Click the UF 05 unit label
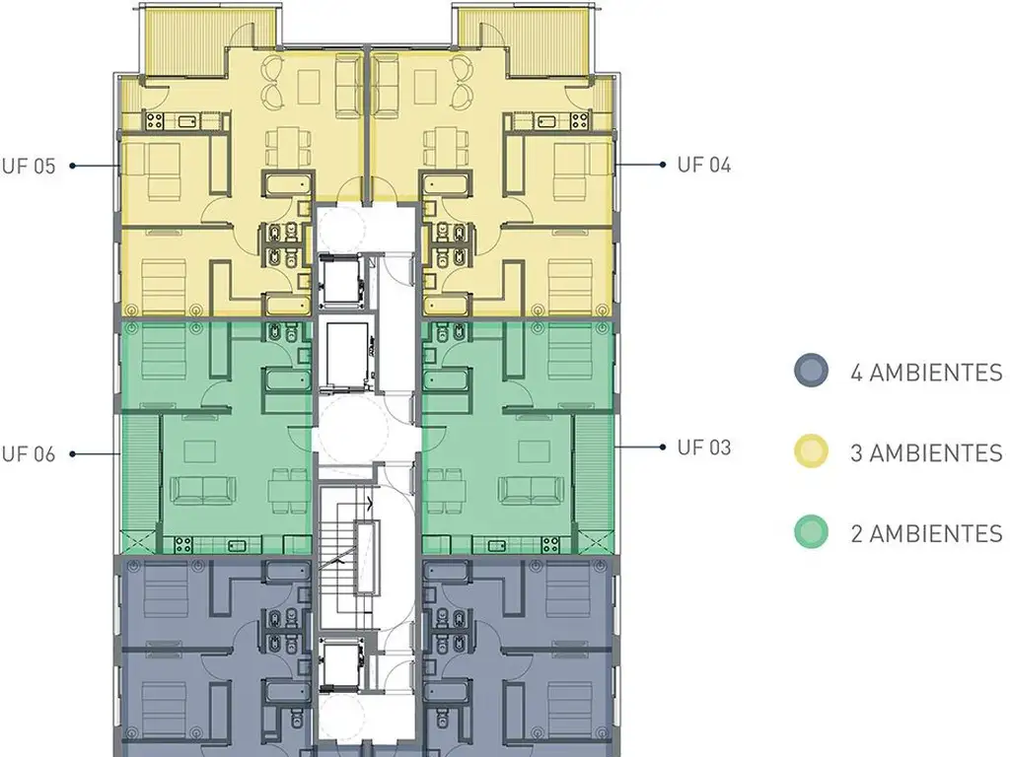click(x=29, y=166)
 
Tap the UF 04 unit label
click(x=704, y=165)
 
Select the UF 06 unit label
click(x=29, y=454)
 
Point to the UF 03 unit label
click(x=704, y=447)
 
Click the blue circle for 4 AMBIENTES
click(x=811, y=371)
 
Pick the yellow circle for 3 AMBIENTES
click(x=811, y=450)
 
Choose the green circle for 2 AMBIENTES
click(x=811, y=532)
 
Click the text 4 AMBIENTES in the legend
click(x=926, y=373)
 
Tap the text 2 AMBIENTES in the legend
click(x=926, y=533)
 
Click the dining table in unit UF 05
click(x=287, y=146)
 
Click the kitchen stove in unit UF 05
click(x=154, y=119)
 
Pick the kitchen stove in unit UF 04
click(x=579, y=119)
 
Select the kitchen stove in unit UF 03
click(x=550, y=545)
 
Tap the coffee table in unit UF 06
click(x=199, y=451)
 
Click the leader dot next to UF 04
click(x=662, y=165)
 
